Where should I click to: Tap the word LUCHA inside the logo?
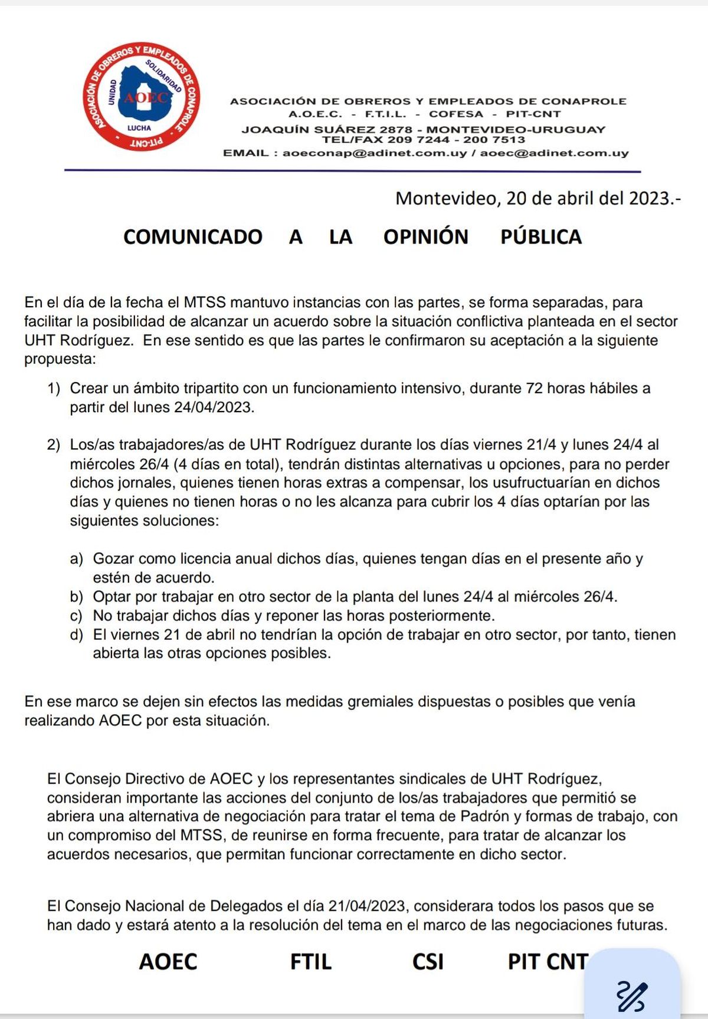(139, 128)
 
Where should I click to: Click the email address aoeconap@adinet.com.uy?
(375, 153)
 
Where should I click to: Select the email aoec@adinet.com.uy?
(554, 153)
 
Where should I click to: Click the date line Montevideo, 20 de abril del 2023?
(537, 198)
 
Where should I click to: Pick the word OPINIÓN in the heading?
(425, 237)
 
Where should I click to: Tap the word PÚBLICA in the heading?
(541, 237)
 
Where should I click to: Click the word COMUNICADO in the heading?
(193, 237)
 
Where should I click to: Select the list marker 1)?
(54, 389)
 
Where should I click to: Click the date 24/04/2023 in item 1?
(214, 407)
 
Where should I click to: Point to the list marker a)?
(77, 558)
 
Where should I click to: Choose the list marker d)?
(77, 635)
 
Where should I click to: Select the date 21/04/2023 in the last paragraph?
(366, 906)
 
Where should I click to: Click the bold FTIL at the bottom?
(311, 962)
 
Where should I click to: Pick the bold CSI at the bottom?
(428, 962)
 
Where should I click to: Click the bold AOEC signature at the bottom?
(168, 962)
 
